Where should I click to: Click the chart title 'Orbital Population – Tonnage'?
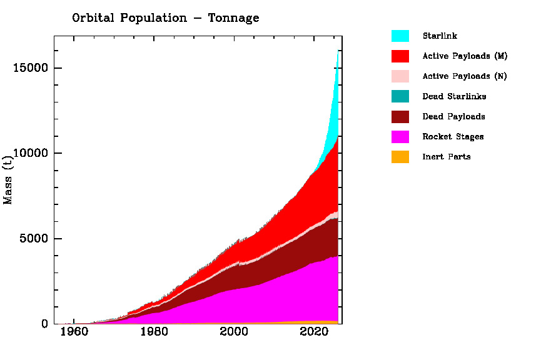165,18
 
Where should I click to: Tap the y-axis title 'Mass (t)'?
8,180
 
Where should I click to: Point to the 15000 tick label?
31,68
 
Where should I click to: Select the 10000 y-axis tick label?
31,154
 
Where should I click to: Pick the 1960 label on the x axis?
74,332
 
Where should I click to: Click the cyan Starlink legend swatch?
400,36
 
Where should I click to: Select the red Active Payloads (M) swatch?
400,56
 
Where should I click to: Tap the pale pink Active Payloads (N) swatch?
400,76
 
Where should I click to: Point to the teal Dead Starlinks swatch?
400,96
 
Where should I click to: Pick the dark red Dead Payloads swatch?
400,116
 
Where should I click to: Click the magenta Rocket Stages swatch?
400,136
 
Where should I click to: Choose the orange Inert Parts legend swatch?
400,156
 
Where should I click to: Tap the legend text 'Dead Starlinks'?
454,96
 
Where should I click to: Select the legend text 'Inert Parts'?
447,156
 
